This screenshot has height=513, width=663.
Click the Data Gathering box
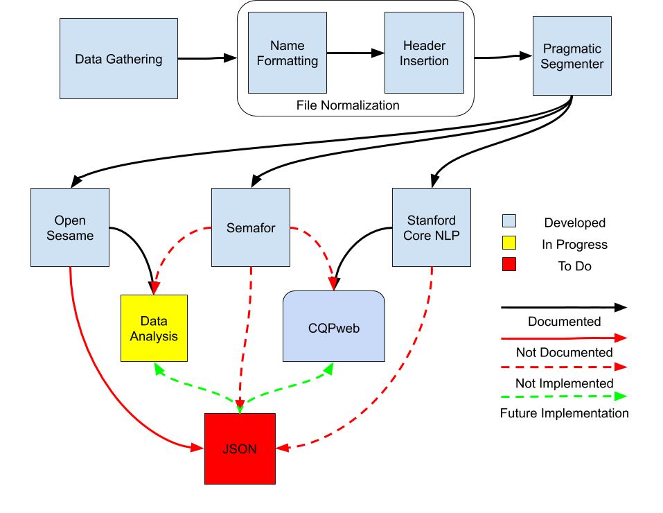click(118, 59)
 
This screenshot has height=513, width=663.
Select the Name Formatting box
click(288, 53)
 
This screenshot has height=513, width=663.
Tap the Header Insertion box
click(424, 53)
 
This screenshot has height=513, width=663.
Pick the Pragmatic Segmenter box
click(572, 56)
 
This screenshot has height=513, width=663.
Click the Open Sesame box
click(70, 227)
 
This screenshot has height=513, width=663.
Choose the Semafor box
click(250, 227)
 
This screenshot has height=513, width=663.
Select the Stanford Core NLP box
click(432, 227)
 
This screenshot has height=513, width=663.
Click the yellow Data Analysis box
click(154, 329)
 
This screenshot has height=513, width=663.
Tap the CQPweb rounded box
click(334, 327)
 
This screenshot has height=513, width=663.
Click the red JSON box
click(240, 449)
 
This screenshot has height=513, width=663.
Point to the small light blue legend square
click(509, 221)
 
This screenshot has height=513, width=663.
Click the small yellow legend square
click(509, 243)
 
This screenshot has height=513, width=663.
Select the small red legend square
click(509, 264)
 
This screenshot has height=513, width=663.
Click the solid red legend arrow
click(561, 338)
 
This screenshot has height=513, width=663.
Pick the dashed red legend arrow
click(561, 367)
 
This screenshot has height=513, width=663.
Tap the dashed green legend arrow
click(561, 397)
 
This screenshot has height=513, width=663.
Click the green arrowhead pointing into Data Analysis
click(159, 367)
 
